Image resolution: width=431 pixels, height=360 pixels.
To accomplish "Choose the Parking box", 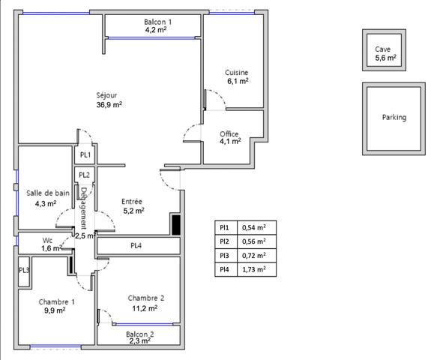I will point(394,118).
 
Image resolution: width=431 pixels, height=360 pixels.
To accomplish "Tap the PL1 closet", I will point(85,155).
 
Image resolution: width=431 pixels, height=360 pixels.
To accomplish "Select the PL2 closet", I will point(85,175).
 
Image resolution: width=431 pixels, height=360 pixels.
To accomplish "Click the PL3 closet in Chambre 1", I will point(24,271).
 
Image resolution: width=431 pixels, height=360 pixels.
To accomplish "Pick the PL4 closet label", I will point(136,246).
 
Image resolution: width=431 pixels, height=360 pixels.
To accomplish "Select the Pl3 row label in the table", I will point(224,254).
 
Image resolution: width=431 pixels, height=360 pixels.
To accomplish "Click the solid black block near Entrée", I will point(176,224).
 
